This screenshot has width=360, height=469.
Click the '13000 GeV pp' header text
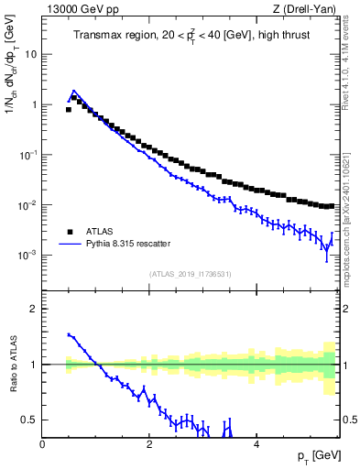tap(76, 9)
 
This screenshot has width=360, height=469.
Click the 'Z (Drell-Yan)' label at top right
tap(310, 9)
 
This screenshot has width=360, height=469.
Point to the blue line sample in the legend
tap(70, 244)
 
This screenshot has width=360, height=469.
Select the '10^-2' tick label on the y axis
tap(28, 205)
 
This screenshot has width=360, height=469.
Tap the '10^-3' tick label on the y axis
tap(28, 256)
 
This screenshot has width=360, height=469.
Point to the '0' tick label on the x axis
tap(43, 444)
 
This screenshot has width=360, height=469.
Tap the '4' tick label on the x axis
tap(256, 444)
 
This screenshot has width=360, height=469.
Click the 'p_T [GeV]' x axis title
tap(316, 456)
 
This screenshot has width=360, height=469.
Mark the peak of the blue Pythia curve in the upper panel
tap(73, 91)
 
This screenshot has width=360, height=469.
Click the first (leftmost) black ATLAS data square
tap(69, 110)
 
